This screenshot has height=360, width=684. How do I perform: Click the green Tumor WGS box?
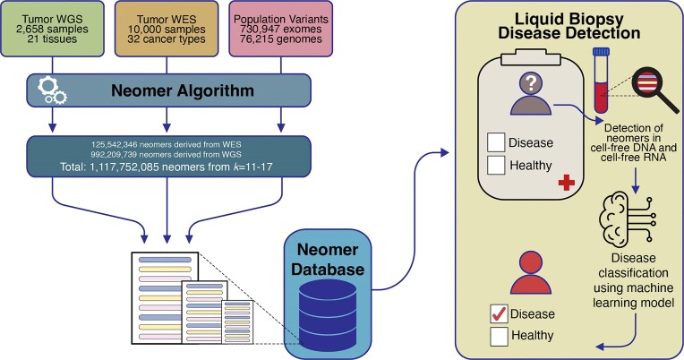[52, 29]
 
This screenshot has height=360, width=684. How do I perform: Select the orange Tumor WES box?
[167, 29]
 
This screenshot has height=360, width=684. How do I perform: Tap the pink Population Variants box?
[280, 29]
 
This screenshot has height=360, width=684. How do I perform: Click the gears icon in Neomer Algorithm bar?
[52, 90]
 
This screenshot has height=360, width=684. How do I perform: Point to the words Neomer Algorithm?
[183, 90]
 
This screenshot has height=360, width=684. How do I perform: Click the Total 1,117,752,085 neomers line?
[167, 167]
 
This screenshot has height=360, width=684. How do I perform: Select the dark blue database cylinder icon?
[328, 314]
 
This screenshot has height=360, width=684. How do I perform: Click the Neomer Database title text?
[328, 259]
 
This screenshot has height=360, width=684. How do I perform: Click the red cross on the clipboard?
[566, 183]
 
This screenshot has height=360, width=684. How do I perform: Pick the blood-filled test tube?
[601, 81]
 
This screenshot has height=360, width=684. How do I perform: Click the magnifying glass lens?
[647, 82]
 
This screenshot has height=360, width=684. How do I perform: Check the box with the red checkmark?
[499, 313]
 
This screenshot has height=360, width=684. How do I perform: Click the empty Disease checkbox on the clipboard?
[496, 142]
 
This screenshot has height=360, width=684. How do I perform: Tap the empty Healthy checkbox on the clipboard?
[496, 165]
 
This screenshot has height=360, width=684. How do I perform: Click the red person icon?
[531, 273]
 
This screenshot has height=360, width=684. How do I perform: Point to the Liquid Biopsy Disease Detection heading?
[569, 26]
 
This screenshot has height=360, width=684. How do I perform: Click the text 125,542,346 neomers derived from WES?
[167, 144]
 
